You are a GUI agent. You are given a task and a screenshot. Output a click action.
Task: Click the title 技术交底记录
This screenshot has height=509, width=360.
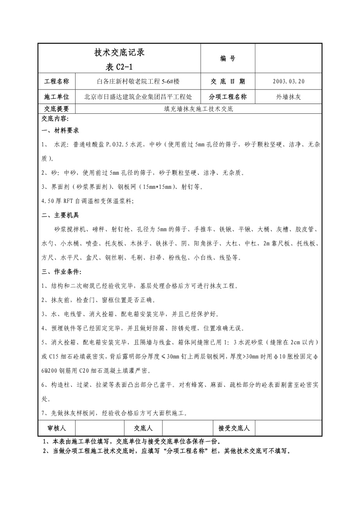120,52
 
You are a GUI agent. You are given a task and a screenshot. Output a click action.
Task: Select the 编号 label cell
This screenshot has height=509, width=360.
228,59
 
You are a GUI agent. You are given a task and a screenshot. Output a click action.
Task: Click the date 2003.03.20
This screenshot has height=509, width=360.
288,82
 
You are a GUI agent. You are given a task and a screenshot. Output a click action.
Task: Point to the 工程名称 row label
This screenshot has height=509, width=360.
56,82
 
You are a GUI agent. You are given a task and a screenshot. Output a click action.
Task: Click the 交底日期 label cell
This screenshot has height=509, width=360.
228,82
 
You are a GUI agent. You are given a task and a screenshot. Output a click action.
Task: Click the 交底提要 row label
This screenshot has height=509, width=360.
56,109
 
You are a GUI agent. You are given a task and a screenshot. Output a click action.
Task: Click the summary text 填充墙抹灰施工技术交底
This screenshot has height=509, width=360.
198,109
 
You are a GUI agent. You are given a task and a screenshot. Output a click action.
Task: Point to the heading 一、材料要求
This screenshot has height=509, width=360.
60,131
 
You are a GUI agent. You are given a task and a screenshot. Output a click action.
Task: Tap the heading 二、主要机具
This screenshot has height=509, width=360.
60,215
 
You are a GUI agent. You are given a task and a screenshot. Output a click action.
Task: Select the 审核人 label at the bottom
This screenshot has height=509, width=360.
57,428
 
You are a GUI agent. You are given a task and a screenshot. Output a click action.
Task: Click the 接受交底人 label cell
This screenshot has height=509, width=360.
234,428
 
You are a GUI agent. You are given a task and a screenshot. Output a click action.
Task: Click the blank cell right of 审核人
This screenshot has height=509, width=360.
100,428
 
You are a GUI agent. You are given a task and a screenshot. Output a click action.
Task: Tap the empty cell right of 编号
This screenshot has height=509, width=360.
288,59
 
